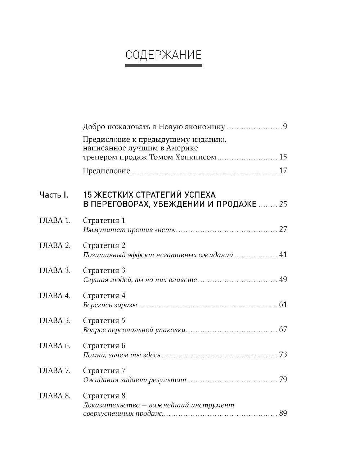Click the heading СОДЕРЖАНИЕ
[x=163, y=55]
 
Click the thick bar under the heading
[x=163, y=66]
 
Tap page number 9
[x=285, y=127]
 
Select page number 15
[x=283, y=157]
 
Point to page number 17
[x=283, y=171]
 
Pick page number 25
[x=283, y=204]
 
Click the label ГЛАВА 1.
[x=55, y=220]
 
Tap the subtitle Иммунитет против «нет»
[x=129, y=230]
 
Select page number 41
[x=283, y=254]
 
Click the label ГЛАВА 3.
[x=55, y=270]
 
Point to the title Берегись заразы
[x=110, y=305]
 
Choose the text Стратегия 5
[x=104, y=320]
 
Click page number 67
[x=283, y=330]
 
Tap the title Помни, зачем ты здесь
[x=121, y=355]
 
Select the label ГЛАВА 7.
[x=55, y=370]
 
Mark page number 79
[x=283, y=380]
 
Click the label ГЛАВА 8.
[x=55, y=396]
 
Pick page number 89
[x=283, y=413]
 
